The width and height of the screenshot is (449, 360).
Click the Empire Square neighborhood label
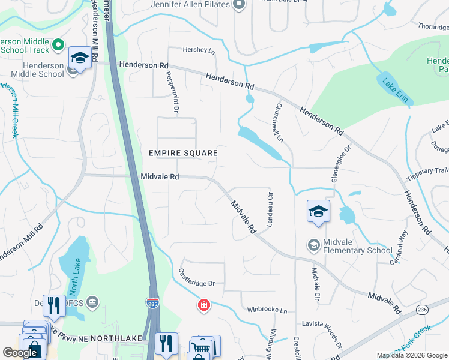[x=183, y=153]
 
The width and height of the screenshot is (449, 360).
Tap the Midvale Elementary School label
[x=358, y=246]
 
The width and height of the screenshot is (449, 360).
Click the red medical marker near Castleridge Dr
[x=205, y=306]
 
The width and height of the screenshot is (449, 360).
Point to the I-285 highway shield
[x=152, y=304]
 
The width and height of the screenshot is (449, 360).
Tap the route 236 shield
[x=422, y=310]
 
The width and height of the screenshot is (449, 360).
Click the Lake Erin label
[x=394, y=89]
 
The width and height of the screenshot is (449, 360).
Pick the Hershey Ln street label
[x=200, y=51]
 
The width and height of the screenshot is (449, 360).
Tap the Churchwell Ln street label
[x=279, y=122]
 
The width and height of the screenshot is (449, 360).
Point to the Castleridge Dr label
[x=196, y=277]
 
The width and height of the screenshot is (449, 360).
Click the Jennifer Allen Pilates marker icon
[x=239, y=5]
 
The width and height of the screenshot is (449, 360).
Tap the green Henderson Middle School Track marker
[x=59, y=44]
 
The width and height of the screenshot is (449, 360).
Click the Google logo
[x=20, y=353]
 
